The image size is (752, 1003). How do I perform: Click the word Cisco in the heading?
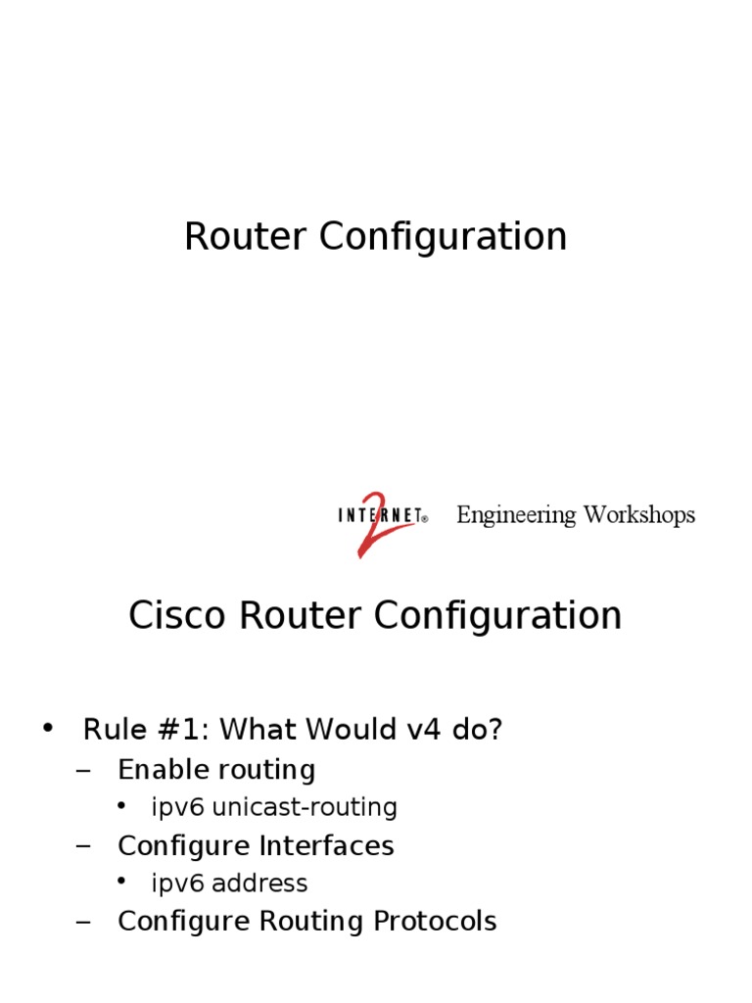pyautogui.click(x=169, y=616)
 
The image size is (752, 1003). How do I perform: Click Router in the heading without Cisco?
pyautogui.click(x=239, y=237)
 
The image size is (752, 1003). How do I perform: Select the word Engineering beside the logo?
pyautogui.click(x=516, y=515)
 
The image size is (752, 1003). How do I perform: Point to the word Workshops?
pyautogui.click(x=639, y=515)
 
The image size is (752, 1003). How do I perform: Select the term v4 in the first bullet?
pyautogui.click(x=414, y=730)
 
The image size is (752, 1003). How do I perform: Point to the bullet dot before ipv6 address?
pyautogui.click(x=121, y=882)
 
